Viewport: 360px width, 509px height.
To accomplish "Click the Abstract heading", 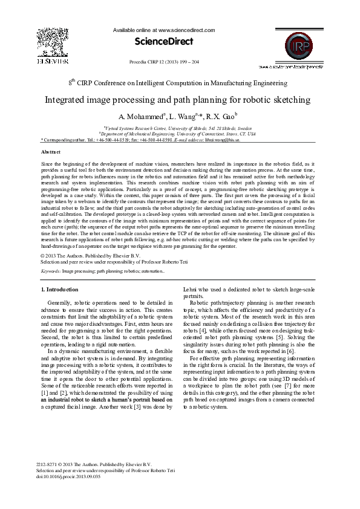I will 50,152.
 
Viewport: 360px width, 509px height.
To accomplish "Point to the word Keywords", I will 49,271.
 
